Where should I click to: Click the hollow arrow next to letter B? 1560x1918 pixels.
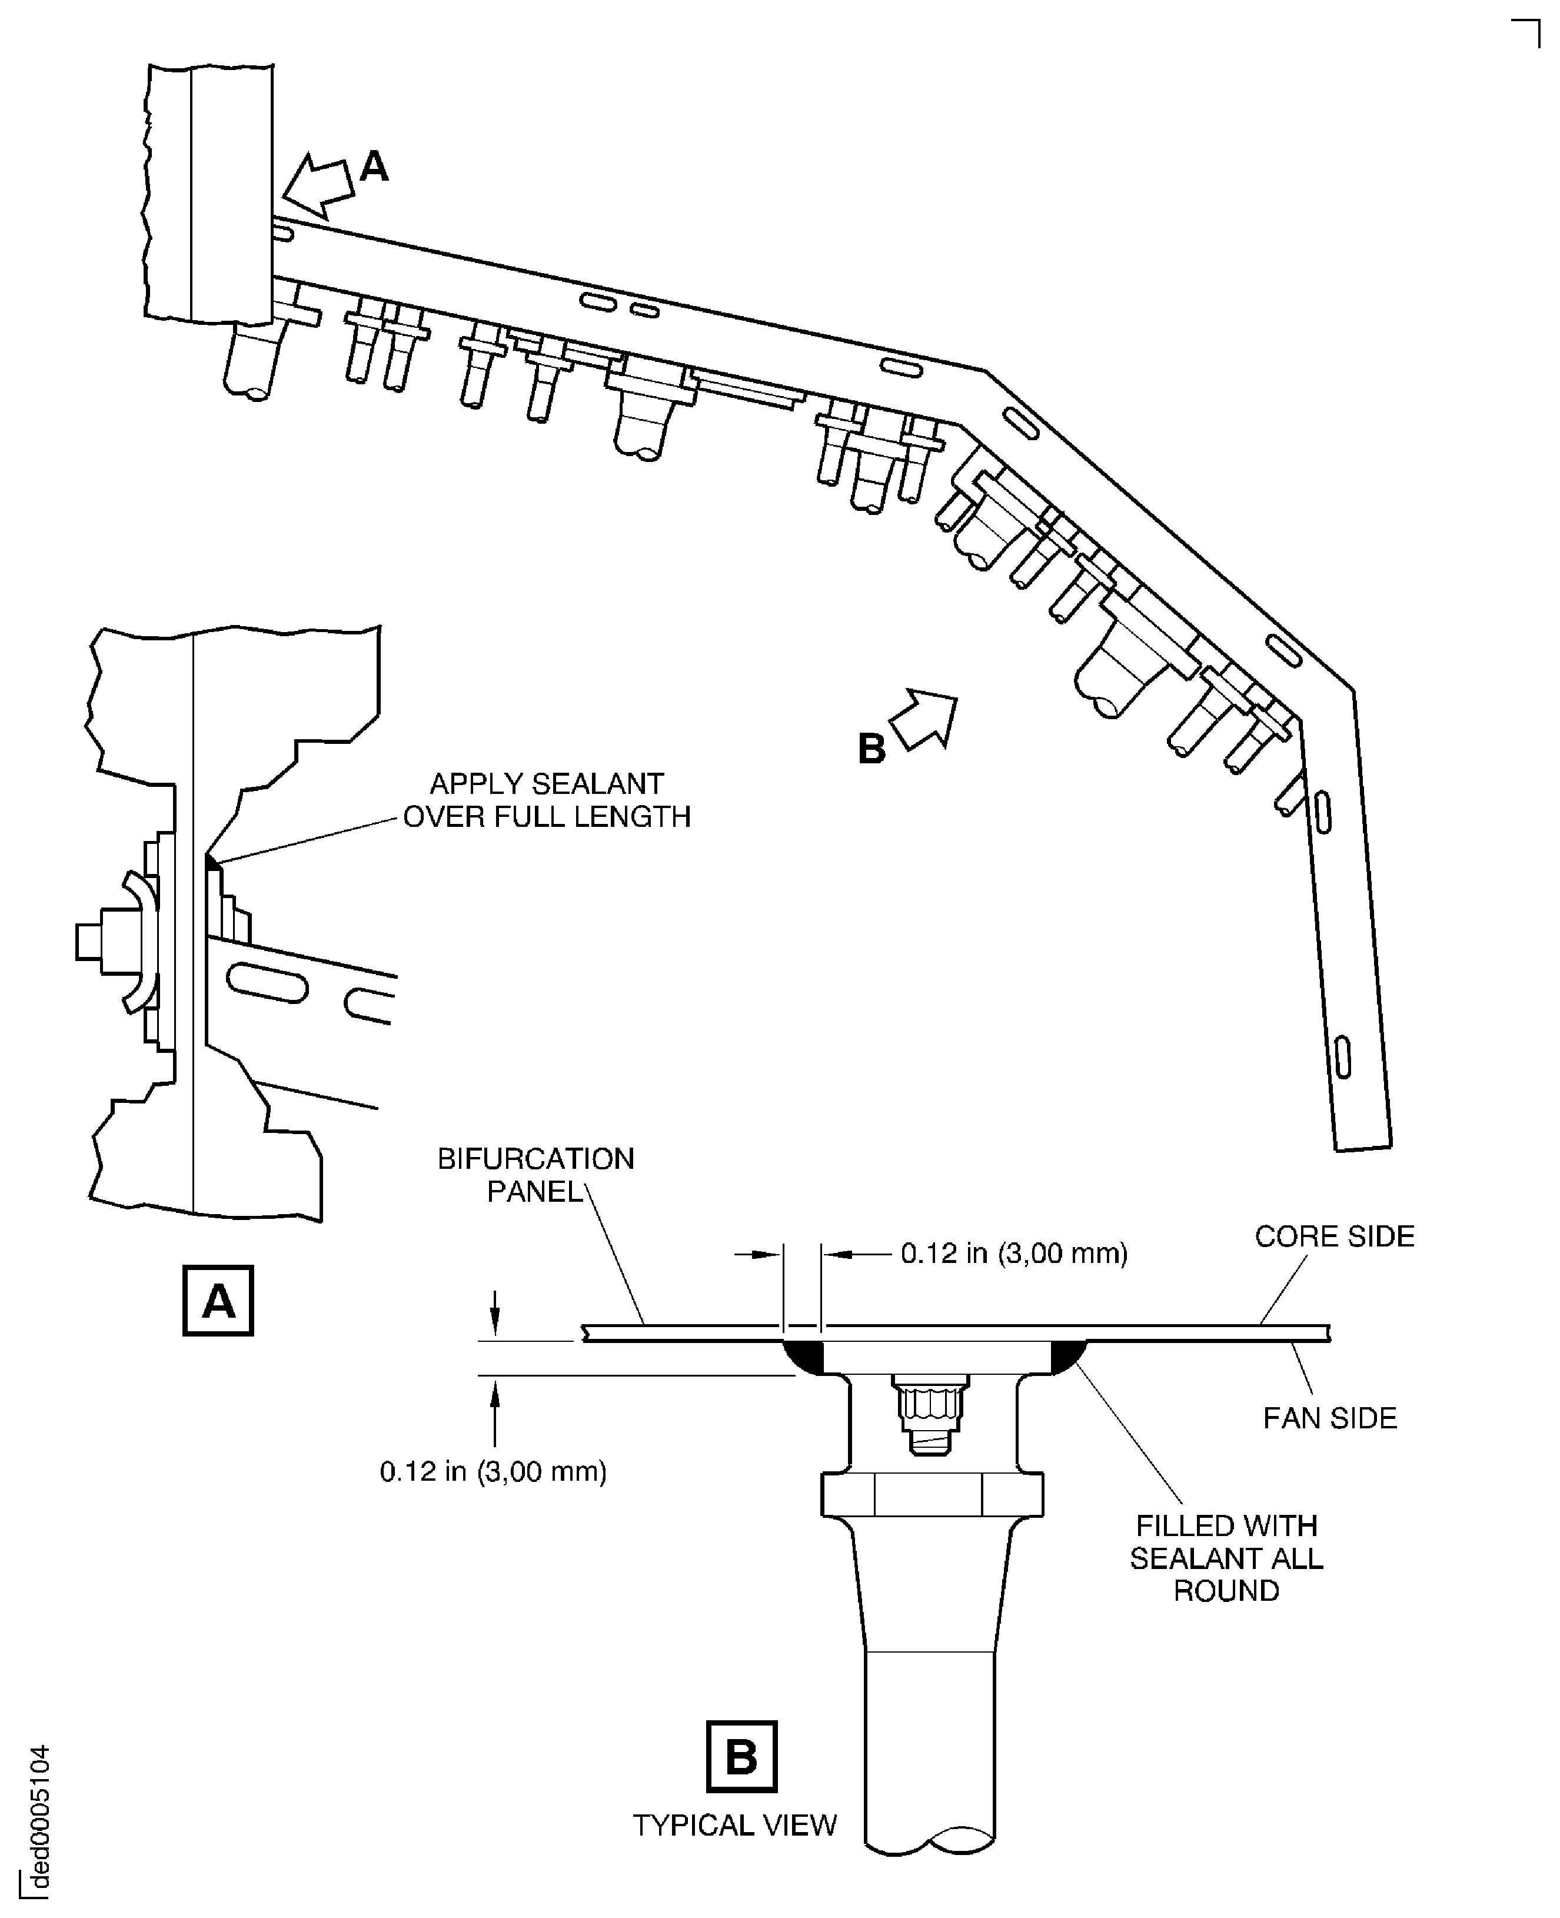pyautogui.click(x=924, y=718)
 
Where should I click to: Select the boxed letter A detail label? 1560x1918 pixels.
pyautogui.click(x=218, y=1301)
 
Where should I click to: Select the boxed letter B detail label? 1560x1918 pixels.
pyautogui.click(x=741, y=1756)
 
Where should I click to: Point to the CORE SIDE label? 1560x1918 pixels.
pyautogui.click(x=1335, y=1236)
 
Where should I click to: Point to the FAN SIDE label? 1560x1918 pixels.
pyautogui.click(x=1330, y=1418)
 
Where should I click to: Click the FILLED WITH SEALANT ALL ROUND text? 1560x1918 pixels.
pyautogui.click(x=1226, y=1558)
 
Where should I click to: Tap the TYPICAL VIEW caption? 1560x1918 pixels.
pyautogui.click(x=734, y=1826)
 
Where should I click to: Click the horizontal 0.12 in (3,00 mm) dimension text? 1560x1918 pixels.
pyautogui.click(x=1014, y=1254)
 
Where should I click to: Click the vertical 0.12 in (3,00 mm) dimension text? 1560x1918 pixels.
pyautogui.click(x=493, y=1471)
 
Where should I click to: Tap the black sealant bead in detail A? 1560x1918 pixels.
pyautogui.click(x=212, y=863)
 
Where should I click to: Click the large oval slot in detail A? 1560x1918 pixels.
pyautogui.click(x=267, y=982)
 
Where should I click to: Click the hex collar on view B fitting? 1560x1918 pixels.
pyautogui.click(x=932, y=1495)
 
